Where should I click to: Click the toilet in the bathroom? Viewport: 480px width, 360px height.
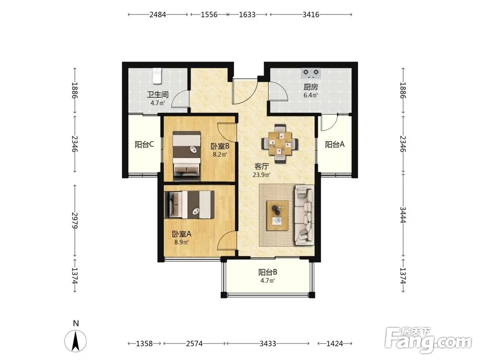click(x=157, y=76)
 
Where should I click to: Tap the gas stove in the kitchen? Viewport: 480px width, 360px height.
click(x=311, y=73)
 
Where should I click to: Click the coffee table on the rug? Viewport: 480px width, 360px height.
click(x=277, y=216)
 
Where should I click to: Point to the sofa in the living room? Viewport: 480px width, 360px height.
click(x=304, y=215)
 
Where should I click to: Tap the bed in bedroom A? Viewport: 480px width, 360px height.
click(x=189, y=205)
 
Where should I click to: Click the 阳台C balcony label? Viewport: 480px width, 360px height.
click(x=144, y=144)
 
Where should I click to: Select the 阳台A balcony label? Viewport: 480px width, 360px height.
click(x=335, y=144)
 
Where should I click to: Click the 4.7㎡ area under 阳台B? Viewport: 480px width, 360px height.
click(x=267, y=280)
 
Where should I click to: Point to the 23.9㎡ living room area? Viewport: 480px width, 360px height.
click(x=262, y=175)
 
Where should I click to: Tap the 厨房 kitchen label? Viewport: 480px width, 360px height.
click(x=311, y=87)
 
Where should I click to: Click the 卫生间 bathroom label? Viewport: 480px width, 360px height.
click(x=157, y=95)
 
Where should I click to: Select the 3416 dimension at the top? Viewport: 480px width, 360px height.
click(x=311, y=14)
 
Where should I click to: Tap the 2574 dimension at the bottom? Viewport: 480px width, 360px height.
click(x=194, y=344)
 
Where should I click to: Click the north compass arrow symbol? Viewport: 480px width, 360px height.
click(x=76, y=341)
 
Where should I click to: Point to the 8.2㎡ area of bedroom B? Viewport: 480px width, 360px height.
click(x=220, y=155)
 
